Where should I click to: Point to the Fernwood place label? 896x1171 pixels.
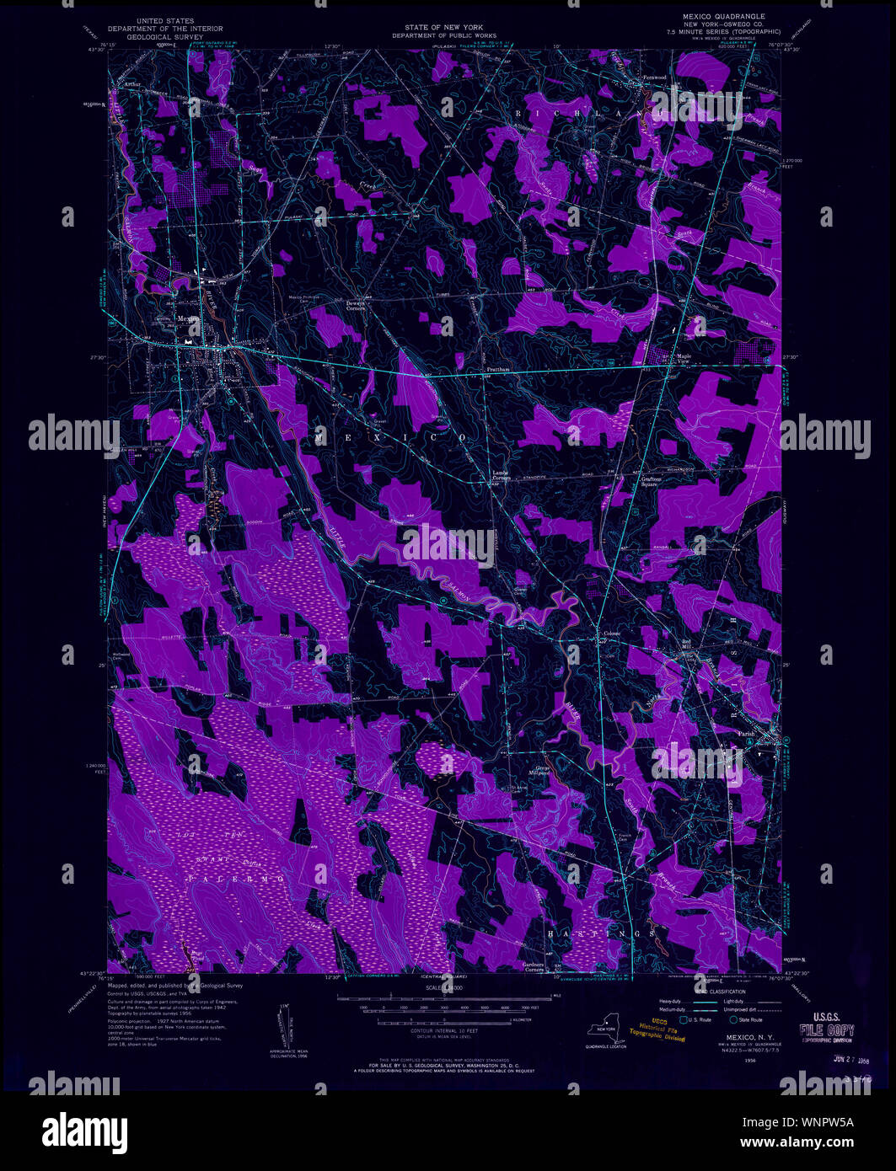(x=654, y=78)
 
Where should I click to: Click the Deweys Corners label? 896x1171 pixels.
(x=355, y=307)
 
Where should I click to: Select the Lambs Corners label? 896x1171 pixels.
(x=503, y=475)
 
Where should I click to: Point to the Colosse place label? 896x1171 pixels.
(x=610, y=634)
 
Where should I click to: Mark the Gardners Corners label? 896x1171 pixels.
(x=533, y=966)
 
